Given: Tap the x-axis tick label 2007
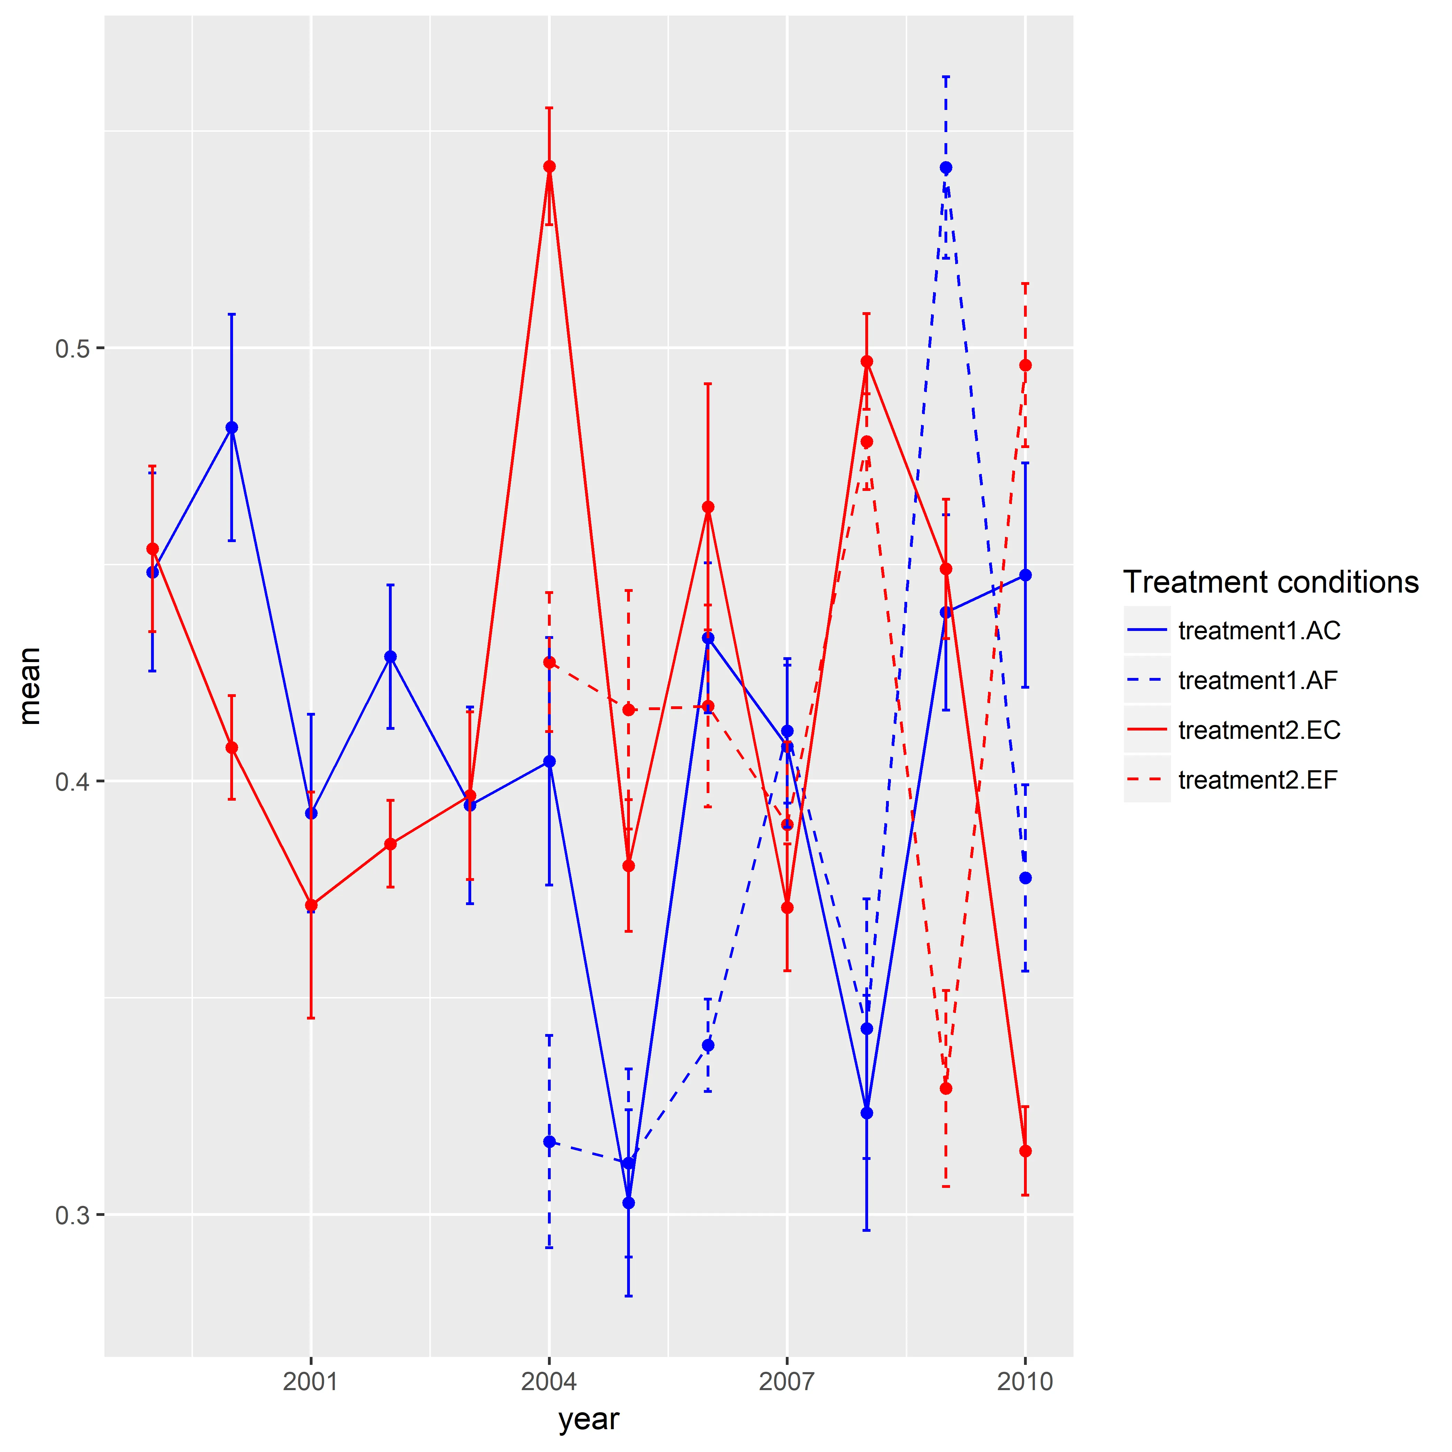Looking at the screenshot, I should [787, 1381].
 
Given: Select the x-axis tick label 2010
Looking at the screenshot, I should [1025, 1381].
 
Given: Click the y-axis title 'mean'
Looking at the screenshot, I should [30, 686].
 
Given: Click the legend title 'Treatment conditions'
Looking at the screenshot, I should [1270, 583].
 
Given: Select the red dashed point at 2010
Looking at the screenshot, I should [1025, 365].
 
